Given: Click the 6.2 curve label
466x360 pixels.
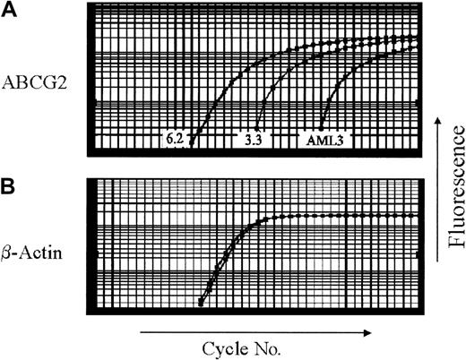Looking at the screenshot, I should tap(176, 140).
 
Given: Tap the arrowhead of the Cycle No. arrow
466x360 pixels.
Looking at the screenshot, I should tap(368, 330).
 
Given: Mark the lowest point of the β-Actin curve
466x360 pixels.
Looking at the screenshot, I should tap(201, 303).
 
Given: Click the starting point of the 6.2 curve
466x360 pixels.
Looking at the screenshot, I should tap(192, 141).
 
